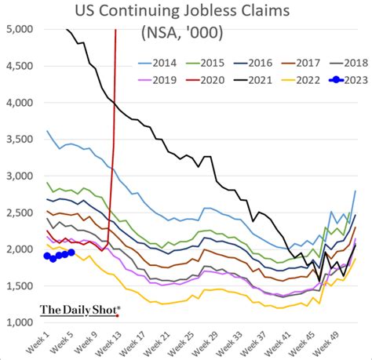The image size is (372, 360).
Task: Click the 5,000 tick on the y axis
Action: click(x=20, y=29)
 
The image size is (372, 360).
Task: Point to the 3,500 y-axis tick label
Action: click(x=20, y=139)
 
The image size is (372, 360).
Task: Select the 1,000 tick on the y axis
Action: click(x=20, y=322)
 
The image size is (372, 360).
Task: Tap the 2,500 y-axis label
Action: click(x=20, y=213)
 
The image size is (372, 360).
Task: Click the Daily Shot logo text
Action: click(x=78, y=311)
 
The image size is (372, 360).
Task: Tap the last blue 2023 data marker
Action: click(x=71, y=253)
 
